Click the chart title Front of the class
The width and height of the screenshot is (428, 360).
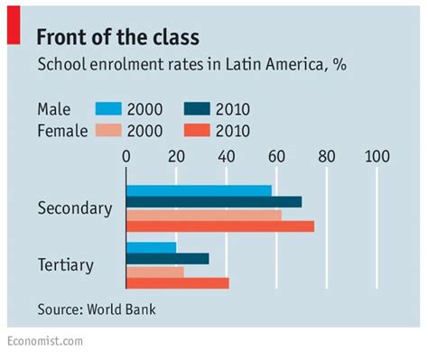117,36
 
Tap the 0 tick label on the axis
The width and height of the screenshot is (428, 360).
126,156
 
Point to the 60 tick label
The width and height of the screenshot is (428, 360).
276,156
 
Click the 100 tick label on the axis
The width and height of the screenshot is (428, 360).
376,156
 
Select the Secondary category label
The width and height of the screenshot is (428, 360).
75,208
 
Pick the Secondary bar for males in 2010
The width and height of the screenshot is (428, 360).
214,202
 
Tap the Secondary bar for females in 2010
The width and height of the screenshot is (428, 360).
220,226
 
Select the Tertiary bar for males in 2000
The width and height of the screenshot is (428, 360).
151,247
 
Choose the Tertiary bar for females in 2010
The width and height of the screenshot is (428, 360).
177,283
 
